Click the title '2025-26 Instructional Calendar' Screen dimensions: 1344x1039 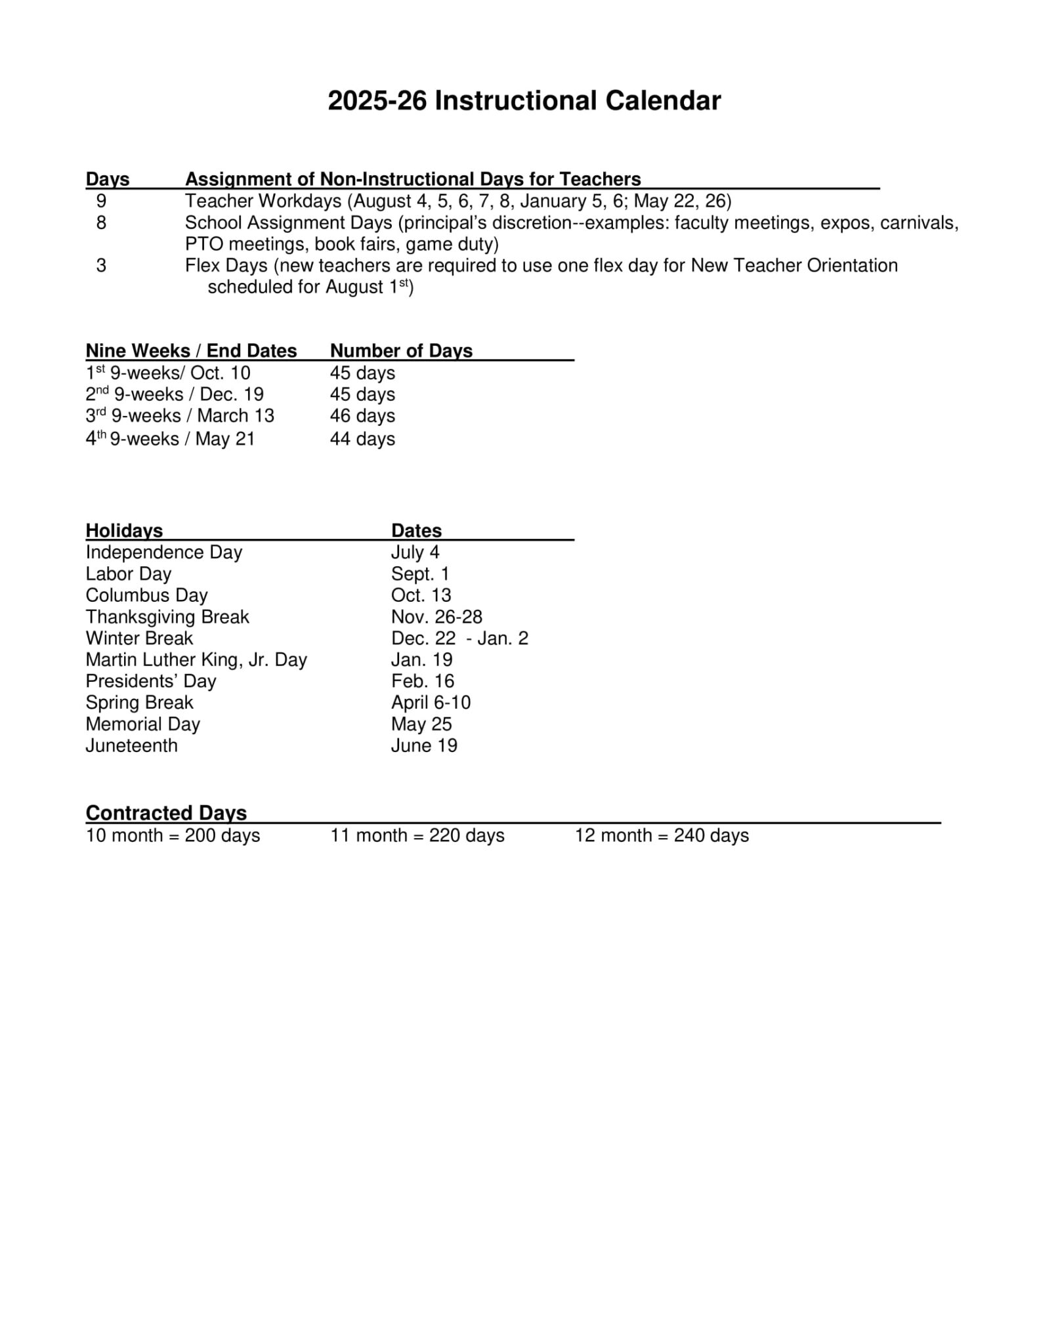[x=524, y=100]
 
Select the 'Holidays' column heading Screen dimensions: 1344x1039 [x=124, y=530]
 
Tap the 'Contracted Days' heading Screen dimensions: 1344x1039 [x=166, y=812]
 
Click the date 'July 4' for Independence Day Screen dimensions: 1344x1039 [x=415, y=552]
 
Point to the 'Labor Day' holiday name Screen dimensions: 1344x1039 [x=128, y=574]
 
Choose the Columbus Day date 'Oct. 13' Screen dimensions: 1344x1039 [x=421, y=595]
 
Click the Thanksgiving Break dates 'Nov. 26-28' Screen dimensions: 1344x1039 [x=436, y=617]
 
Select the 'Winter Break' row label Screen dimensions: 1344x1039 [x=139, y=638]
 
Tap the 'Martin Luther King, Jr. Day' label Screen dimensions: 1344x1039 [x=196, y=660]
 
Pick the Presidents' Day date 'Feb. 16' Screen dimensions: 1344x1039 [x=422, y=681]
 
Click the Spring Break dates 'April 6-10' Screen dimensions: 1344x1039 [x=431, y=702]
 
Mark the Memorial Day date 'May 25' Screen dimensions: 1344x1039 [x=421, y=724]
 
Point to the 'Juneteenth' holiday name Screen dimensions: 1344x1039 [x=131, y=745]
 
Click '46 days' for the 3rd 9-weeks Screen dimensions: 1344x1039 [x=362, y=416]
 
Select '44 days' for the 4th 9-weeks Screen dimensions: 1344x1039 [x=362, y=438]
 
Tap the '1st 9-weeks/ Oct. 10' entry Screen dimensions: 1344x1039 [x=168, y=373]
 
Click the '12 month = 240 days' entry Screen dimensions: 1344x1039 [x=662, y=835]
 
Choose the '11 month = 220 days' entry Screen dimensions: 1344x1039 [x=417, y=835]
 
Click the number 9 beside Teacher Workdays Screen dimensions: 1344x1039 [x=101, y=201]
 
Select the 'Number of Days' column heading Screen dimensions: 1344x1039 [x=401, y=351]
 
